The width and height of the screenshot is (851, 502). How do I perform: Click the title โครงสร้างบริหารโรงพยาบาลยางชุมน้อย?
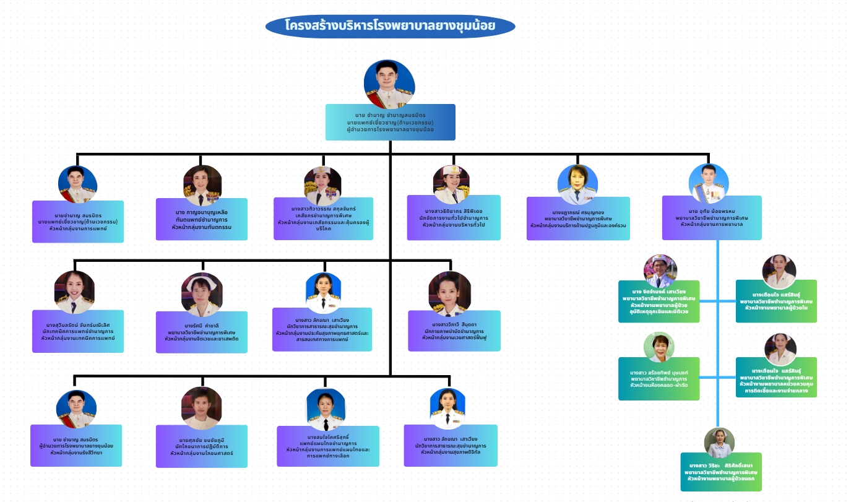click(x=390, y=27)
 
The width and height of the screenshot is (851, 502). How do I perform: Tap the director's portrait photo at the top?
click(x=389, y=84)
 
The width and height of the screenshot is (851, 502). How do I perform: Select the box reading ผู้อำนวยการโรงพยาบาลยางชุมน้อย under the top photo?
click(x=390, y=121)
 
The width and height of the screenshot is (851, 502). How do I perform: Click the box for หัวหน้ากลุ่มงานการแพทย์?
click(x=78, y=221)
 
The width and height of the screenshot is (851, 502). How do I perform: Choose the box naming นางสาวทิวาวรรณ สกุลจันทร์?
click(x=323, y=218)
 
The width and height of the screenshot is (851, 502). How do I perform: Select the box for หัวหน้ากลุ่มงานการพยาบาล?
click(x=711, y=218)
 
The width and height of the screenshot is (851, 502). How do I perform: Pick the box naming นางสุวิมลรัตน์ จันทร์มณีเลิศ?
click(x=78, y=331)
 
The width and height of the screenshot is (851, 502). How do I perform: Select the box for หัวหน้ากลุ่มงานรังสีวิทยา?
click(x=77, y=444)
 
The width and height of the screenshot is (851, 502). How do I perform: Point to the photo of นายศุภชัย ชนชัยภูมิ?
click(x=202, y=408)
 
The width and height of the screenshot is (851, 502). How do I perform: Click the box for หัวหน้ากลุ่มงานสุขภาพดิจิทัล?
click(x=450, y=444)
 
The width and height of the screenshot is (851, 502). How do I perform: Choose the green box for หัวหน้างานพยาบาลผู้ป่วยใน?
click(x=776, y=301)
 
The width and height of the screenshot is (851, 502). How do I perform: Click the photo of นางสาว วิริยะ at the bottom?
click(x=719, y=442)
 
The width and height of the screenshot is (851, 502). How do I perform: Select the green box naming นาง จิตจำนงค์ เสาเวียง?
click(x=659, y=301)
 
